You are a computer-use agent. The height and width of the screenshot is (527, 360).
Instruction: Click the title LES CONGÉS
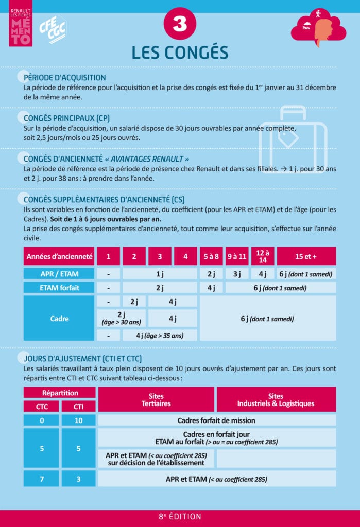pyautogui.click(x=180, y=52)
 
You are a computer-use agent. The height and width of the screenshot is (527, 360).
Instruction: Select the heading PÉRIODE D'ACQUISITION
pyautogui.click(x=65, y=78)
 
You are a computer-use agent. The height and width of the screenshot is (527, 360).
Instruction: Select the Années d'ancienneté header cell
pyautogui.click(x=59, y=256)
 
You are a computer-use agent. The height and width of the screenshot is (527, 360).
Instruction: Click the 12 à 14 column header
pyautogui.click(x=263, y=256)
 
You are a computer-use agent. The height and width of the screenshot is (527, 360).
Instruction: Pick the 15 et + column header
pyautogui.click(x=306, y=256)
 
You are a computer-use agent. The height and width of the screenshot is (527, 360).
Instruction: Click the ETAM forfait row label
pyautogui.click(x=59, y=288)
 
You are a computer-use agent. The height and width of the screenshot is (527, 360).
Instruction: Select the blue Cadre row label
pyautogui.click(x=59, y=319)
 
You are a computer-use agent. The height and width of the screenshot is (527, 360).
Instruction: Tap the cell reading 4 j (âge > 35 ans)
pyautogui.click(x=160, y=336)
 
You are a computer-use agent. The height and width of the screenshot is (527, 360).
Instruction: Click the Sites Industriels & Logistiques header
pyautogui.click(x=276, y=400)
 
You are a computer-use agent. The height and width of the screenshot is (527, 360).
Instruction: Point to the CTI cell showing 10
pyautogui.click(x=78, y=420)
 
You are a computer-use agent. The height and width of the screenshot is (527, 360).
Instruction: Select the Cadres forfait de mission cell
pyautogui.click(x=216, y=420)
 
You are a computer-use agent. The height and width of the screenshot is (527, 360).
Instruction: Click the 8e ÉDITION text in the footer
pyautogui.click(x=180, y=517)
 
